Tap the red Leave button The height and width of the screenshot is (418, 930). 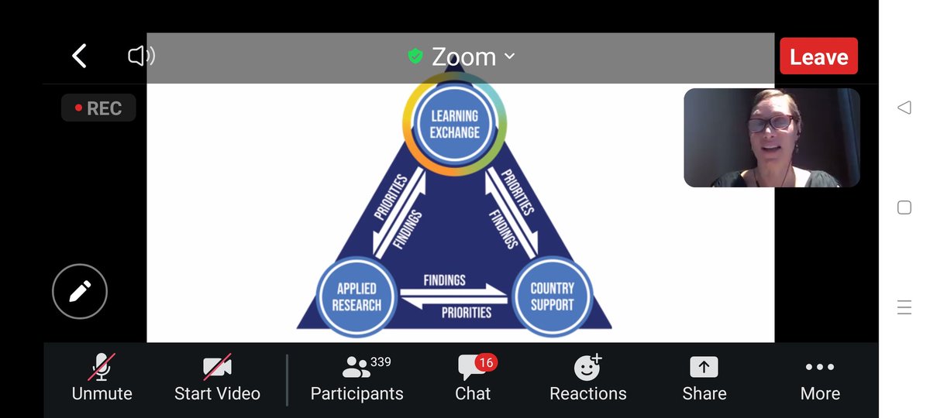(818, 56)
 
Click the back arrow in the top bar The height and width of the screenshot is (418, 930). (79, 56)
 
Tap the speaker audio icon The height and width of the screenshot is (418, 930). (141, 56)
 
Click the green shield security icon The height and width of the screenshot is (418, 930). (415, 56)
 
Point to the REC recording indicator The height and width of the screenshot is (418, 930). (98, 108)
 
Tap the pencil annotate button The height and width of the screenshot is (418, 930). (80, 291)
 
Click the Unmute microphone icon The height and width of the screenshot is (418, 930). (102, 367)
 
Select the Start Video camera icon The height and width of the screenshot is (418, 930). (217, 367)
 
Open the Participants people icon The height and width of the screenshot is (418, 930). (356, 367)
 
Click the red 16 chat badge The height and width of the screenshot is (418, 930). (486, 363)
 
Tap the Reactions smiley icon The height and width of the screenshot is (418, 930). (587, 367)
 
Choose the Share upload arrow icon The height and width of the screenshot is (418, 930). (704, 367)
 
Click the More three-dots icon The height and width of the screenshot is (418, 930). (820, 367)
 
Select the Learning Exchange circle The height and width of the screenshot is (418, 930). (455, 124)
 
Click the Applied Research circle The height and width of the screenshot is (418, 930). (356, 297)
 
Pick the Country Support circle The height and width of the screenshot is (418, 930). (552, 296)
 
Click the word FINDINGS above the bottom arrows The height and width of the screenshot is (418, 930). (444, 280)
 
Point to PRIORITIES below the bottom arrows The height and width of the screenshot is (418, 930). (467, 312)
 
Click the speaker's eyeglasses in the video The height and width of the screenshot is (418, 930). (770, 123)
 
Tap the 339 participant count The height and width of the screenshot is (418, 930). (381, 361)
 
